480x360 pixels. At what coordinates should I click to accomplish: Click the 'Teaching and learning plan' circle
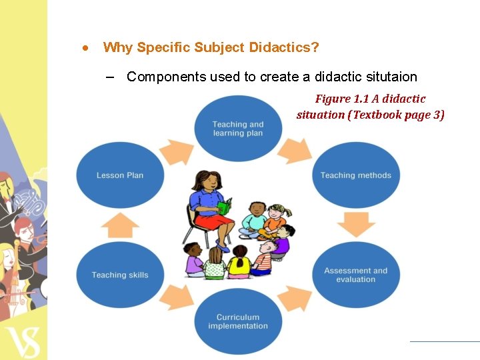[x=238, y=129]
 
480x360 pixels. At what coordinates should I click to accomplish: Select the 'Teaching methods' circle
[x=356, y=175]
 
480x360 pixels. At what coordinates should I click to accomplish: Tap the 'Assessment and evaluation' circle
[x=356, y=275]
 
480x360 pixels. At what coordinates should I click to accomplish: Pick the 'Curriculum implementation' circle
[x=238, y=322]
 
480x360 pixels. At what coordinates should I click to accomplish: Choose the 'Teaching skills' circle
[x=120, y=275]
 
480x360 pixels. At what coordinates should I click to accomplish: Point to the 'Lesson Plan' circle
[x=120, y=175]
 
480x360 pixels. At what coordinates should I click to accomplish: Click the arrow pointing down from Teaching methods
[x=356, y=225]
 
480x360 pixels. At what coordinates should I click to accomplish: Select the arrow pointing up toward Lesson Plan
[x=120, y=225]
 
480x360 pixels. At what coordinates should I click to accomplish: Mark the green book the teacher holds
[x=224, y=207]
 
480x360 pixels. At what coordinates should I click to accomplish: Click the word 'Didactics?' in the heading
[x=284, y=47]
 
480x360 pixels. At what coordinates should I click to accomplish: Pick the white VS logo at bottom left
[x=23, y=341]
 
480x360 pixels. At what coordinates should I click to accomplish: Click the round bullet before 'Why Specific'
[x=86, y=48]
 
